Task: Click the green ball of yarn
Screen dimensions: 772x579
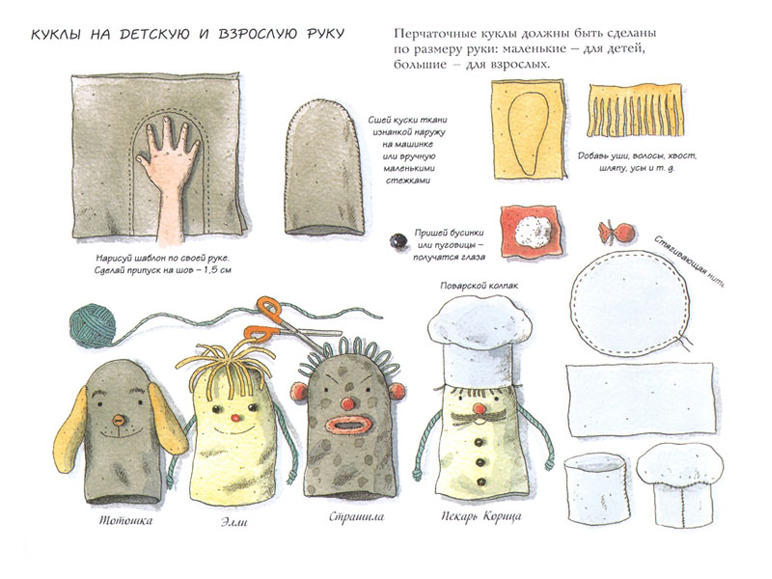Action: coord(92,325)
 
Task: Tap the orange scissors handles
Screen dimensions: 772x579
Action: coord(266,320)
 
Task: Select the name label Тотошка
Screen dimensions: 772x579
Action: coord(126,520)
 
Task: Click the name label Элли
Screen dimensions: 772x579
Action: coord(234,522)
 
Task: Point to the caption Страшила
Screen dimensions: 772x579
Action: coord(356,516)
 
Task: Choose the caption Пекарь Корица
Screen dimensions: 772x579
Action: coord(481,516)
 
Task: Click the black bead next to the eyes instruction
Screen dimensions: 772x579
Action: coord(399,240)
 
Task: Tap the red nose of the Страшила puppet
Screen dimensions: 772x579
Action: coord(348,403)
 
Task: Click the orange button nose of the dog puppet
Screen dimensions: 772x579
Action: coord(119,420)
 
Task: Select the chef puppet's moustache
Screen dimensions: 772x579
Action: coord(475,419)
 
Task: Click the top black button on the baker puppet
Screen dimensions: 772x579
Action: coord(478,443)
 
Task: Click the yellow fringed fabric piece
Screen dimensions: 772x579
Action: coord(635,110)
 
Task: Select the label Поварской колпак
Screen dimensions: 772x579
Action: coord(479,286)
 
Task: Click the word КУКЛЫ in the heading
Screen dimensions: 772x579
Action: coord(56,34)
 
